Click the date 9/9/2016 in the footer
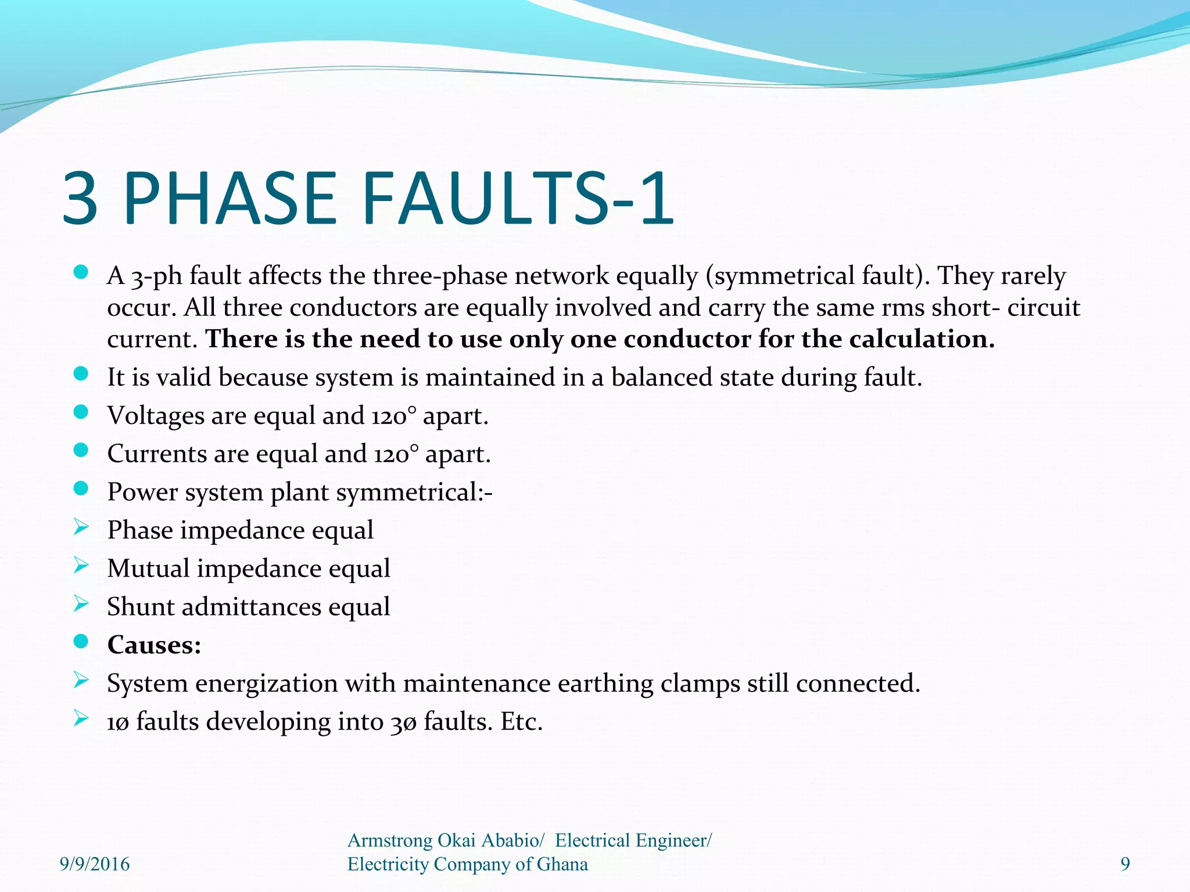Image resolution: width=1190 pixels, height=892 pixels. [95, 864]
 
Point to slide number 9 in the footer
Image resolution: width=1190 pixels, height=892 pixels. [1125, 864]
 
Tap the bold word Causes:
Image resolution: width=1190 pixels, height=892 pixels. [154, 645]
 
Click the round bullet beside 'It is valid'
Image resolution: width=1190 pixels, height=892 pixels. [81, 374]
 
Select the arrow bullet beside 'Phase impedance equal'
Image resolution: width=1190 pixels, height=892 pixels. [81, 527]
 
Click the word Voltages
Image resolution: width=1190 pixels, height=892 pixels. [155, 416]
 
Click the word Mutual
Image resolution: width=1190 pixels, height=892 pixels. [148, 568]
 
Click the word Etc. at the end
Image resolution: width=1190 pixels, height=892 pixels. [521, 722]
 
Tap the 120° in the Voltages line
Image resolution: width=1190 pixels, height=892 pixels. [394, 416]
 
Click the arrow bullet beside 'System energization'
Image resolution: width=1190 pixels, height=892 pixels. [81, 680]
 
